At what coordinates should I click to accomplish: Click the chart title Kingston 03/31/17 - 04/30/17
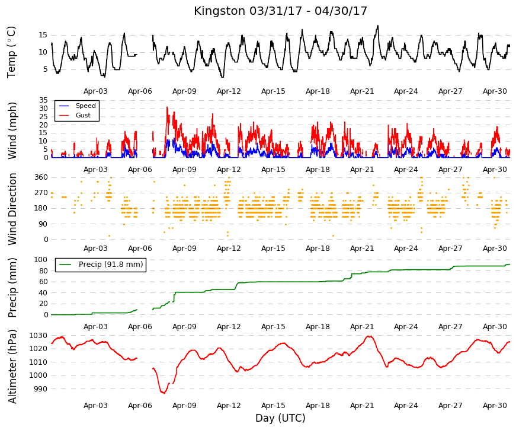[280, 11]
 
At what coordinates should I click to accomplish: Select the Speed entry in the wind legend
[85, 106]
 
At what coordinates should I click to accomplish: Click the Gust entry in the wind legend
[83, 115]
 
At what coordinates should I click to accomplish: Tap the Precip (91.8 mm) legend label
[111, 265]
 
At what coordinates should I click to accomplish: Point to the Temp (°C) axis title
[11, 52]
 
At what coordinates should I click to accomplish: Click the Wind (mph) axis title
[12, 131]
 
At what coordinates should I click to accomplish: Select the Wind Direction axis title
[12, 209]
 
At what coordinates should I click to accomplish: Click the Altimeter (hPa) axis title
[12, 367]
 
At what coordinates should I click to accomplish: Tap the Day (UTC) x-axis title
[280, 418]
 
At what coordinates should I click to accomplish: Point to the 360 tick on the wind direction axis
[41, 177]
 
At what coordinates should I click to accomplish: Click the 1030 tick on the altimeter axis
[38, 336]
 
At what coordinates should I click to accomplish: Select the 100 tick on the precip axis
[41, 260]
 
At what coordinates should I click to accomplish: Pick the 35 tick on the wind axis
[43, 100]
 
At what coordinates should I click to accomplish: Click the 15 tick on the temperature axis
[43, 35]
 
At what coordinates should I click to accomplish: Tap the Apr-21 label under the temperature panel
[362, 91]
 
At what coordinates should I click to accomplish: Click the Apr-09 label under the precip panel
[184, 327]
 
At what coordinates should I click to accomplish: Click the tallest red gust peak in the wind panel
[167, 107]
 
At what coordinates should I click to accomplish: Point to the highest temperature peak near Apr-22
[378, 26]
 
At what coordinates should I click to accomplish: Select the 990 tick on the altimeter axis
[40, 389]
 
